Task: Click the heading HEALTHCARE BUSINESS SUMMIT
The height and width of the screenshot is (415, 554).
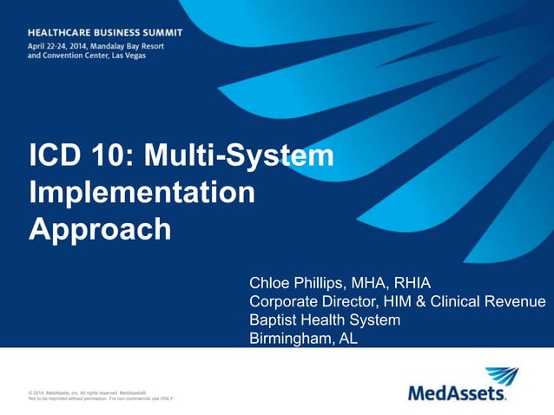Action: point(105,31)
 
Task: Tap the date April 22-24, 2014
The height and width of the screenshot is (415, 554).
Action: point(61,45)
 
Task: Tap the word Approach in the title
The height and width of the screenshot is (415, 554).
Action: point(100,229)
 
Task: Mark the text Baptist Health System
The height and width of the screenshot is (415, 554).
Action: point(325,320)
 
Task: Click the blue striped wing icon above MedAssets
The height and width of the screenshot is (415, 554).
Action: point(502,376)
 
